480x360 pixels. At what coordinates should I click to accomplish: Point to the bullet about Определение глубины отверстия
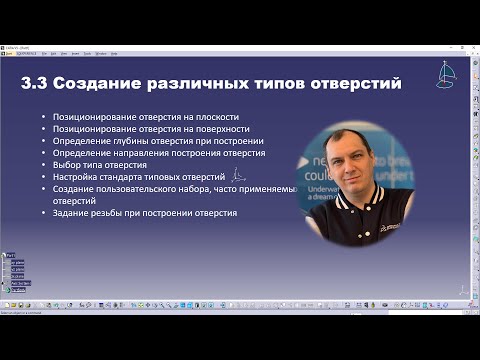pos(159,142)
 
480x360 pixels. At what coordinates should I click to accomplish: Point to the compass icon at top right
pos(446,74)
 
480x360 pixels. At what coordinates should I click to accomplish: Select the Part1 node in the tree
pos(11,255)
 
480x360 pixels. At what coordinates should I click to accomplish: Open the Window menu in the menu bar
pos(101,54)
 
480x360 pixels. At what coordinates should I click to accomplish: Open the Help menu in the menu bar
pos(116,54)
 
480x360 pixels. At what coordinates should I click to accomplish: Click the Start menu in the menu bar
pos(9,54)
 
